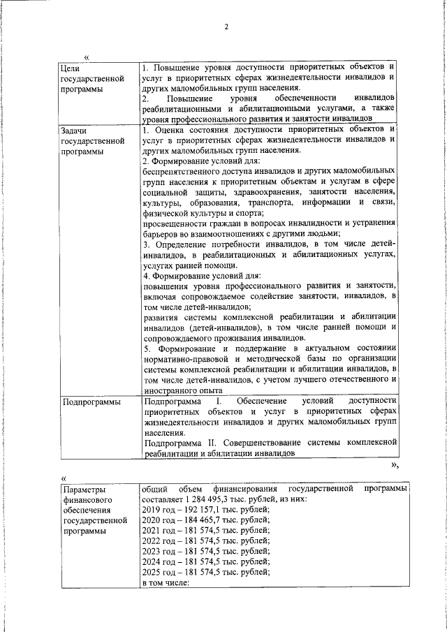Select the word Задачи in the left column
75,131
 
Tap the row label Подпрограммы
90,402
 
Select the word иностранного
170,390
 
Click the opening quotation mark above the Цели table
87,57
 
